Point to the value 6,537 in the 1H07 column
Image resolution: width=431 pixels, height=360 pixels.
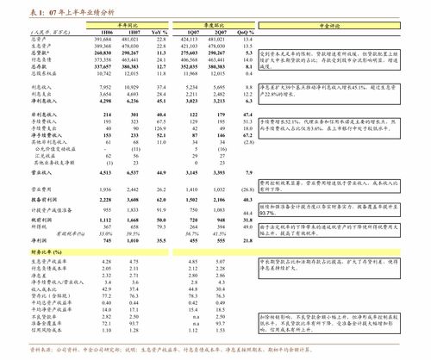tap(132, 173)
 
